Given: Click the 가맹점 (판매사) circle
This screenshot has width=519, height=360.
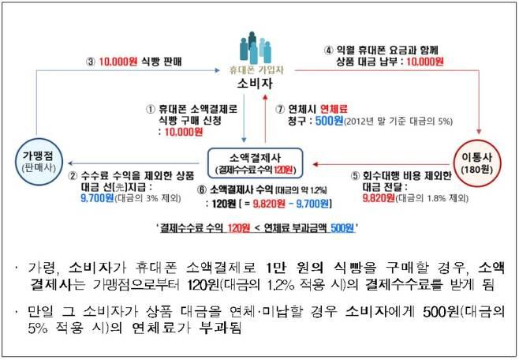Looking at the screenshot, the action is coord(39,162).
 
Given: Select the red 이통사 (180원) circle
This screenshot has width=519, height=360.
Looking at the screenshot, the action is coord(477,163).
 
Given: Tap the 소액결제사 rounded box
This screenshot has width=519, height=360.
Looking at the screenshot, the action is coord(255,163).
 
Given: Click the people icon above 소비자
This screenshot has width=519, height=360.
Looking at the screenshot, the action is coord(256,47).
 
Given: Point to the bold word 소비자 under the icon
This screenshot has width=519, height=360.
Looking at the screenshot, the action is coord(255,84).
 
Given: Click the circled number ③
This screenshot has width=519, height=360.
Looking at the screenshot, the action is coord(91,62).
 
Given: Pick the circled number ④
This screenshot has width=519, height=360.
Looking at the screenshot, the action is coord(328,51).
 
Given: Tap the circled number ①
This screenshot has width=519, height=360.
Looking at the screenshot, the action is coord(151,109).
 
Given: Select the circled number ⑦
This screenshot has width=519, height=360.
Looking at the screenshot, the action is coord(280,109).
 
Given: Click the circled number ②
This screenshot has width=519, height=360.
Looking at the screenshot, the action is coord(73,176).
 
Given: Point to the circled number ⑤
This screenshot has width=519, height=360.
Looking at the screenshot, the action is coord(355,176).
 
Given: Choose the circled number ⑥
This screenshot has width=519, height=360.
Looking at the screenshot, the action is coord(202,190).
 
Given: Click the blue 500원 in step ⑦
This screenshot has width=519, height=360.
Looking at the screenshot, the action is coord(329,122).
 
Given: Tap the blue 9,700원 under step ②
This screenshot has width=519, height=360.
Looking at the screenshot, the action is coord(97,198).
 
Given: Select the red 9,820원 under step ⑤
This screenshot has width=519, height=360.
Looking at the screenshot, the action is coord(379,198).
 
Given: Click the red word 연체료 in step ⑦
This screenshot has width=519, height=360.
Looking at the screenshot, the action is coord(334,109).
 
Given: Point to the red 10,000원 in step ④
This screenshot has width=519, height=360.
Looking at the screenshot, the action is coord(425,62).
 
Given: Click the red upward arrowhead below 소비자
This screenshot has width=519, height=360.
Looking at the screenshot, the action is coord(265,96).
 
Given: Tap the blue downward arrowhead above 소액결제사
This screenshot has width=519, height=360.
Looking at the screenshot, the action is coord(245,140).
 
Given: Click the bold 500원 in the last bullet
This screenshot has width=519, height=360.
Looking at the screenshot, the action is coord(441,311).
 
